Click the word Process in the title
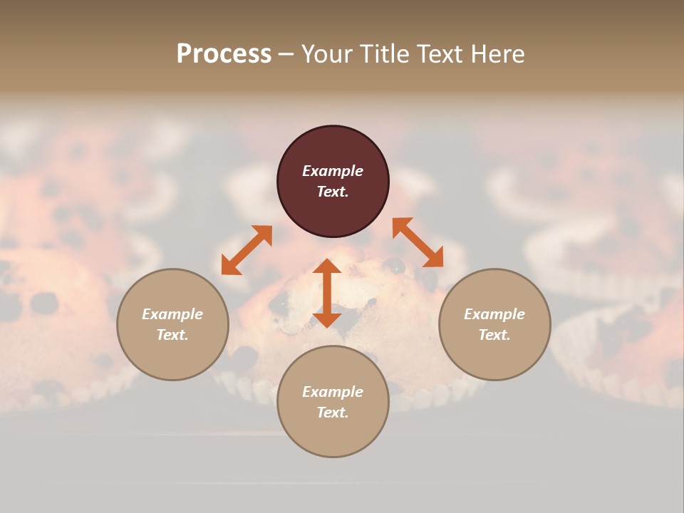click(x=224, y=54)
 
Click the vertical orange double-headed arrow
click(x=327, y=293)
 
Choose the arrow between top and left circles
click(x=247, y=249)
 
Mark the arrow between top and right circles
click(x=418, y=242)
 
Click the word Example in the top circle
click(x=333, y=171)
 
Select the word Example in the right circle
click(x=494, y=314)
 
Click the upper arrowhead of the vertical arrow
click(x=327, y=266)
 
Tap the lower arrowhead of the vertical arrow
click(x=327, y=319)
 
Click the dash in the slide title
click(x=286, y=54)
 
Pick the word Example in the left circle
click(x=172, y=314)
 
